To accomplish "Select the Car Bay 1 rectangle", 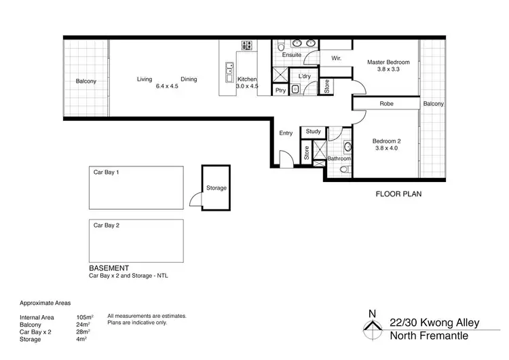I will [x=137, y=188].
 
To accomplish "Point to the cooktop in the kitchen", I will [x=246, y=46].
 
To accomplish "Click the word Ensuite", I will [x=292, y=55].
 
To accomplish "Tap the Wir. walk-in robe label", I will [x=336, y=59].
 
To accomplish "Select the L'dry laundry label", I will [x=304, y=76].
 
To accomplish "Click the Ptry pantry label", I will [x=280, y=90].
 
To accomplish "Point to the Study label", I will [x=313, y=132].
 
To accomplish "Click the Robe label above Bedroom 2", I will [x=387, y=104].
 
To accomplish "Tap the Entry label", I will [x=286, y=133].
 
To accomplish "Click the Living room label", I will [x=145, y=79].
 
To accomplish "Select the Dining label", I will [x=189, y=79].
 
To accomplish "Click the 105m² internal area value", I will [x=85, y=317].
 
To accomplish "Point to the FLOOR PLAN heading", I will [x=399, y=194].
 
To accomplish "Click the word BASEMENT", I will [x=109, y=268].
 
